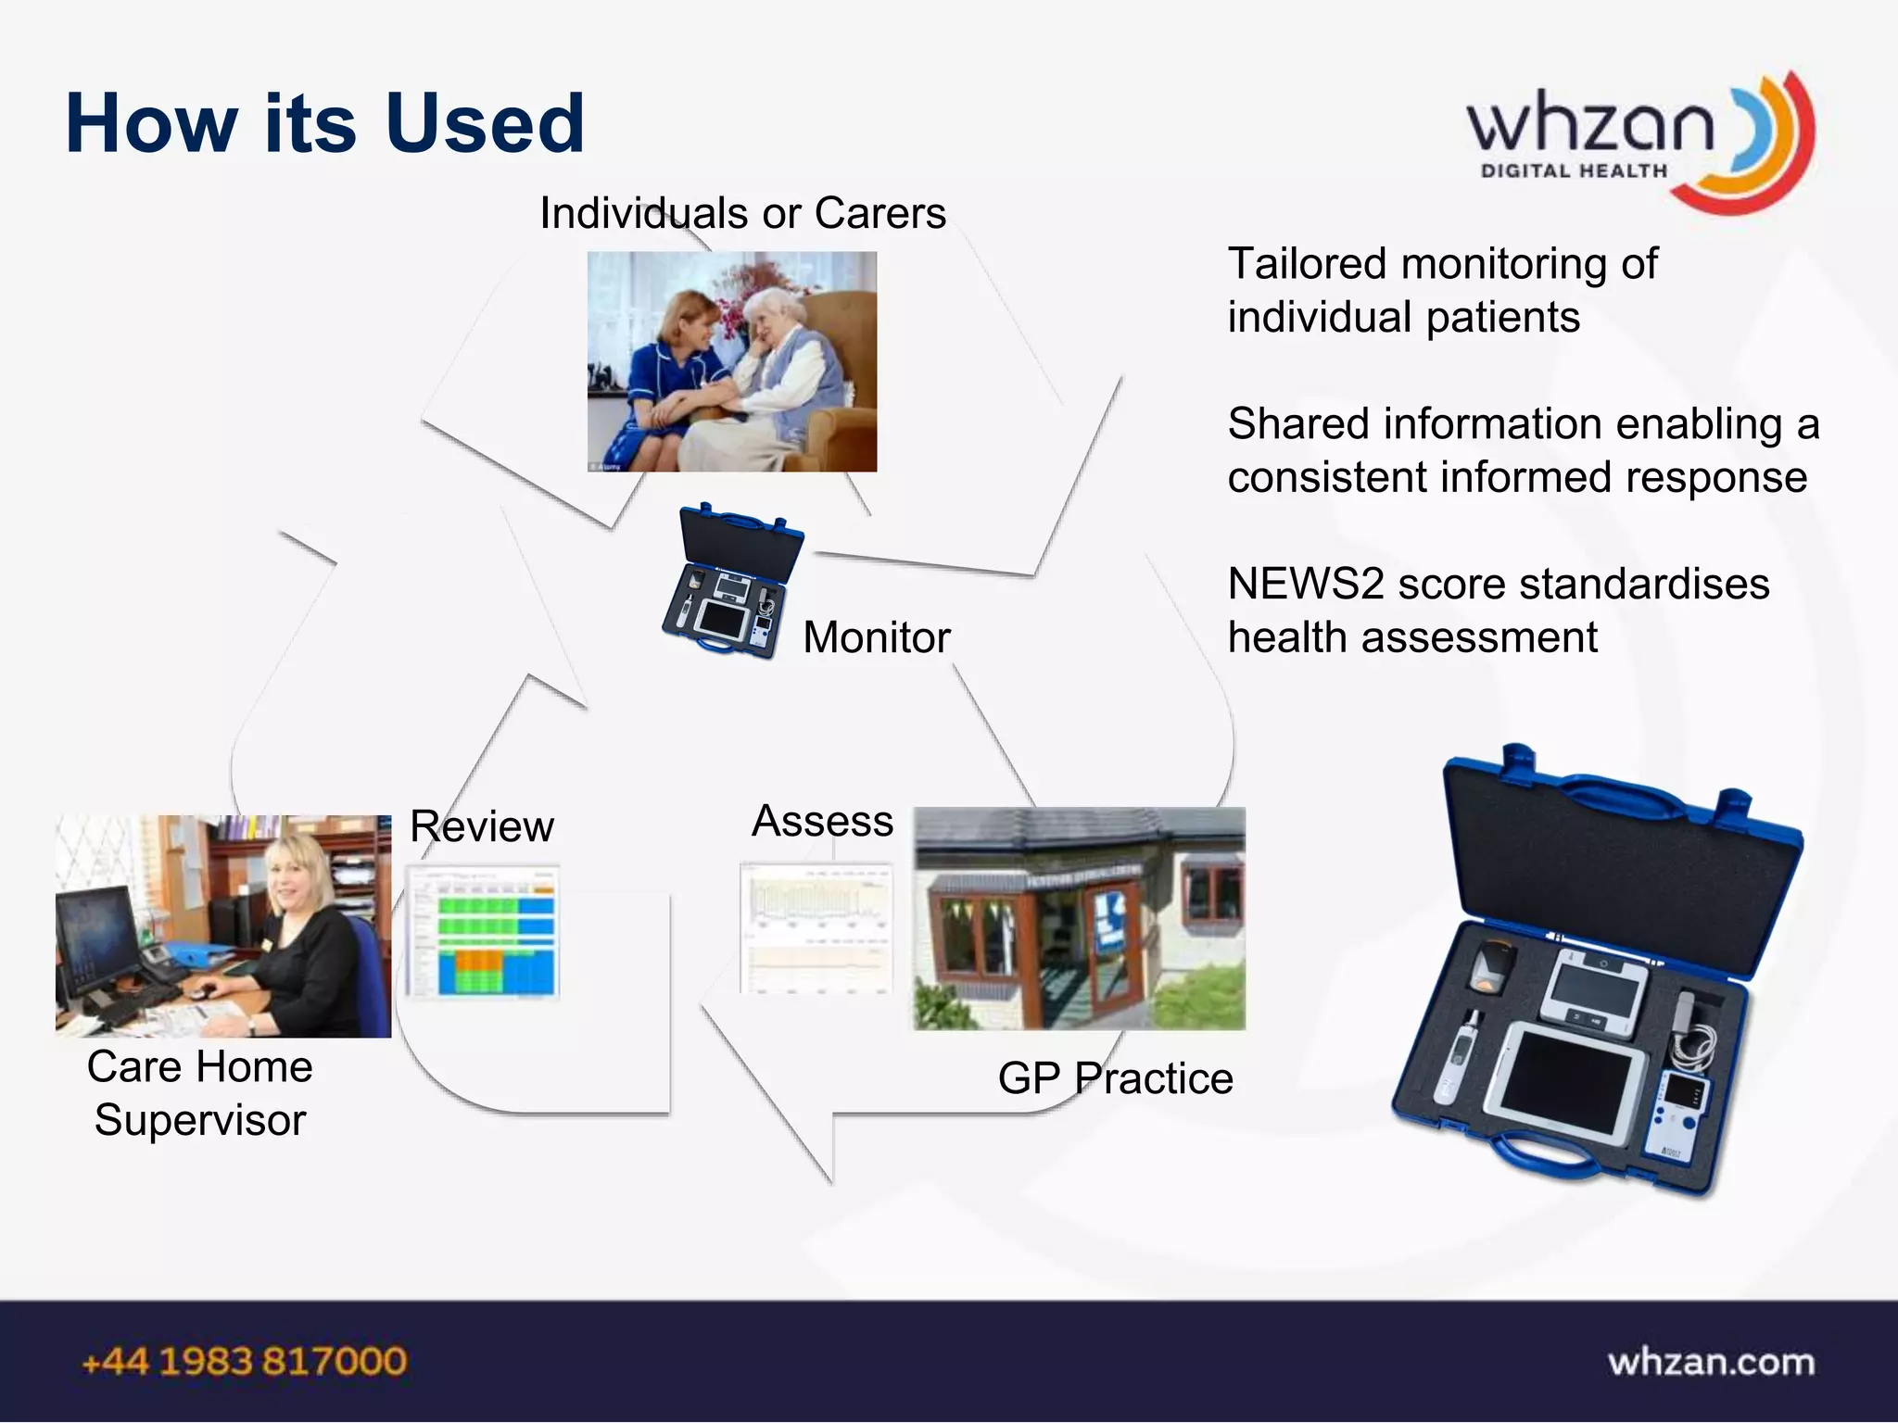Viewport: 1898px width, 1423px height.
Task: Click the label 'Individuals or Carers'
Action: [742, 213]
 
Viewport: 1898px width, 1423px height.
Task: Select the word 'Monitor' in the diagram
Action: [877, 637]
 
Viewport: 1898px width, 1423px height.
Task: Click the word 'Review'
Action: [482, 826]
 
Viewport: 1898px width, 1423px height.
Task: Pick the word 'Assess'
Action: [822, 821]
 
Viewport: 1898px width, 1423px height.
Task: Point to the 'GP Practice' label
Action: [1115, 1078]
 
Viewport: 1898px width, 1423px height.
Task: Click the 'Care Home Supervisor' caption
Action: [200, 1093]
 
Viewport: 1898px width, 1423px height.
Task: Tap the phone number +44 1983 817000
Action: [245, 1362]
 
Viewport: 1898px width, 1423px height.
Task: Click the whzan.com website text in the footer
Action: [1711, 1362]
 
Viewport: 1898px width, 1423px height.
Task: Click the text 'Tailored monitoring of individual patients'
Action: [1442, 290]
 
